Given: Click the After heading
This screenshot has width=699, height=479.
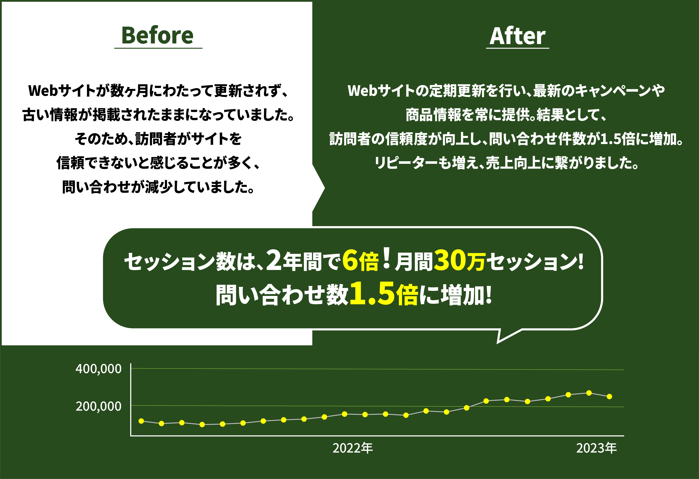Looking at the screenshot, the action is [517, 36].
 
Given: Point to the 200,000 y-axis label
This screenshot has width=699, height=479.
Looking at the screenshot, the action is [98, 407].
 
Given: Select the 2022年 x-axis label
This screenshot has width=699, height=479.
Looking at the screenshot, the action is [353, 448].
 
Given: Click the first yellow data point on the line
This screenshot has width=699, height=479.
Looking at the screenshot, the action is [141, 421].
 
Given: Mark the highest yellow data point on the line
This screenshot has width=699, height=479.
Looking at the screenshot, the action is [589, 393].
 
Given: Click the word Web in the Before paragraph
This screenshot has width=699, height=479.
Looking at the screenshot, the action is [43, 91].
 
